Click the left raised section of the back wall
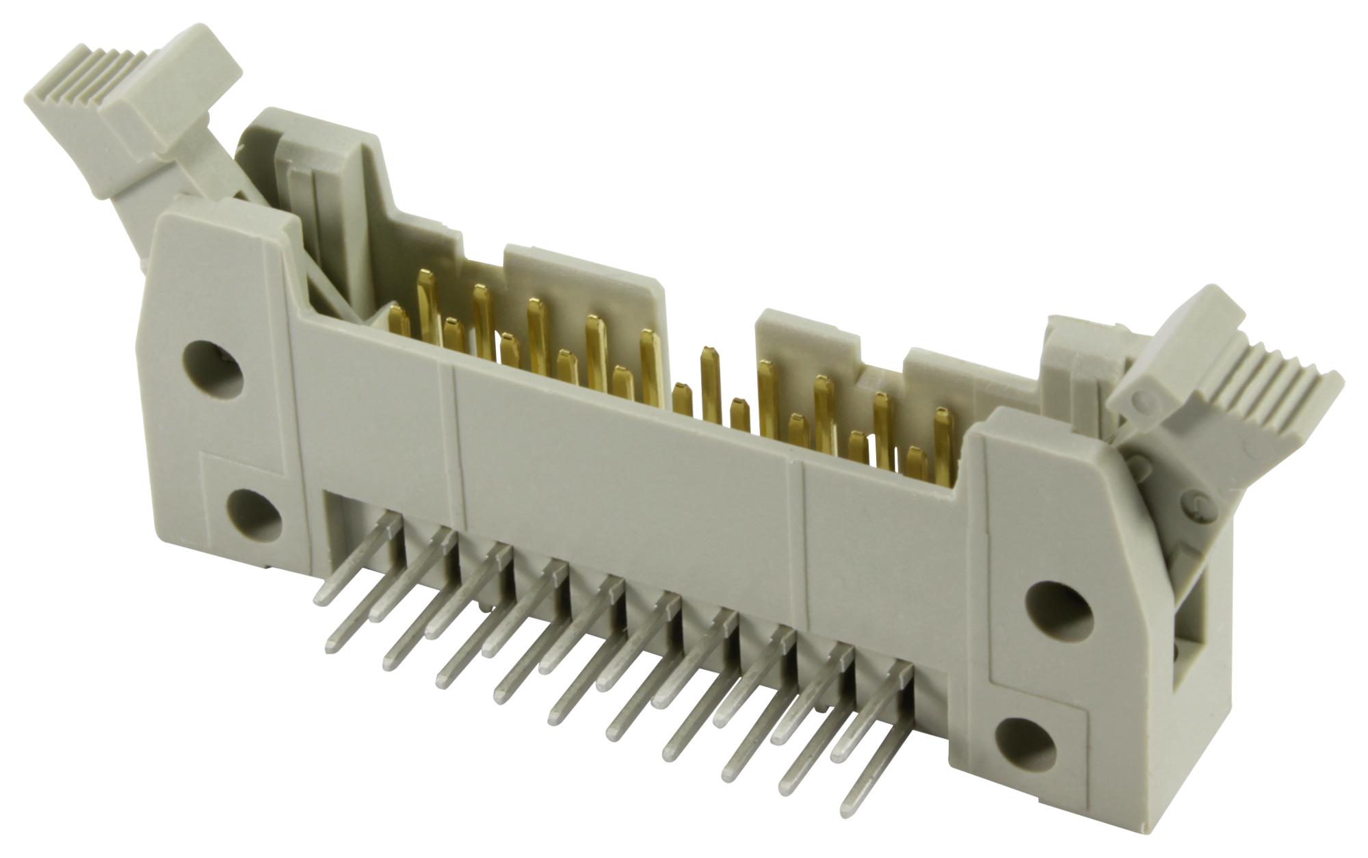[575, 287]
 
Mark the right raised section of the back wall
[807, 342]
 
